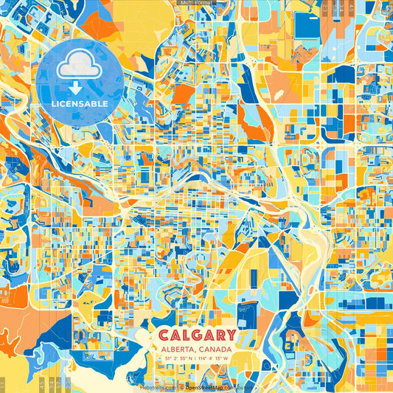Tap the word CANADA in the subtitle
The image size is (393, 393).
click(x=215, y=349)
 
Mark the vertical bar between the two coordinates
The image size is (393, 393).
click(x=196, y=359)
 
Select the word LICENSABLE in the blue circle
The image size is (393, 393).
click(x=79, y=104)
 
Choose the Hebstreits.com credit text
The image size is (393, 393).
click(x=157, y=386)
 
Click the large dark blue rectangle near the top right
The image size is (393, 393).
click(x=306, y=24)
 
